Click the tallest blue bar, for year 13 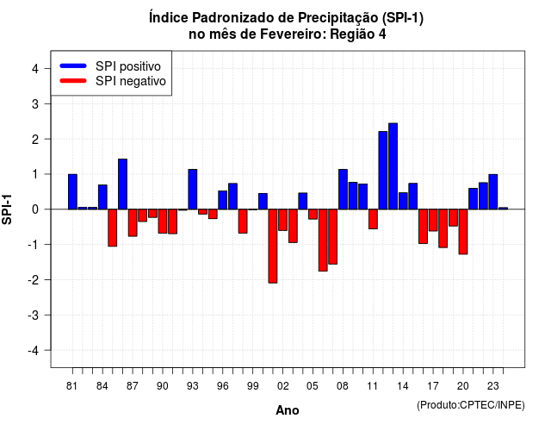393,166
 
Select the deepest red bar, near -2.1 273,246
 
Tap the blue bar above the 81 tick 72,191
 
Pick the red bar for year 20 463,232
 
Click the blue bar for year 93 193,190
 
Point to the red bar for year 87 133,222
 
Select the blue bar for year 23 493,191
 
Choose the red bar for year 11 373,219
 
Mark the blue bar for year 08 343,190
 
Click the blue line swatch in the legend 73,66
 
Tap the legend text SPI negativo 130,81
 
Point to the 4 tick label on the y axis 35,69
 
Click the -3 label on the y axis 33,315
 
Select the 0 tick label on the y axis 35,209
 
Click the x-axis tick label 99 252,386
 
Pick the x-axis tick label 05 313,386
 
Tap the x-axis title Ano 288,410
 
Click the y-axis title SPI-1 7,209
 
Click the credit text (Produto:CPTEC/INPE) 471,405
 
